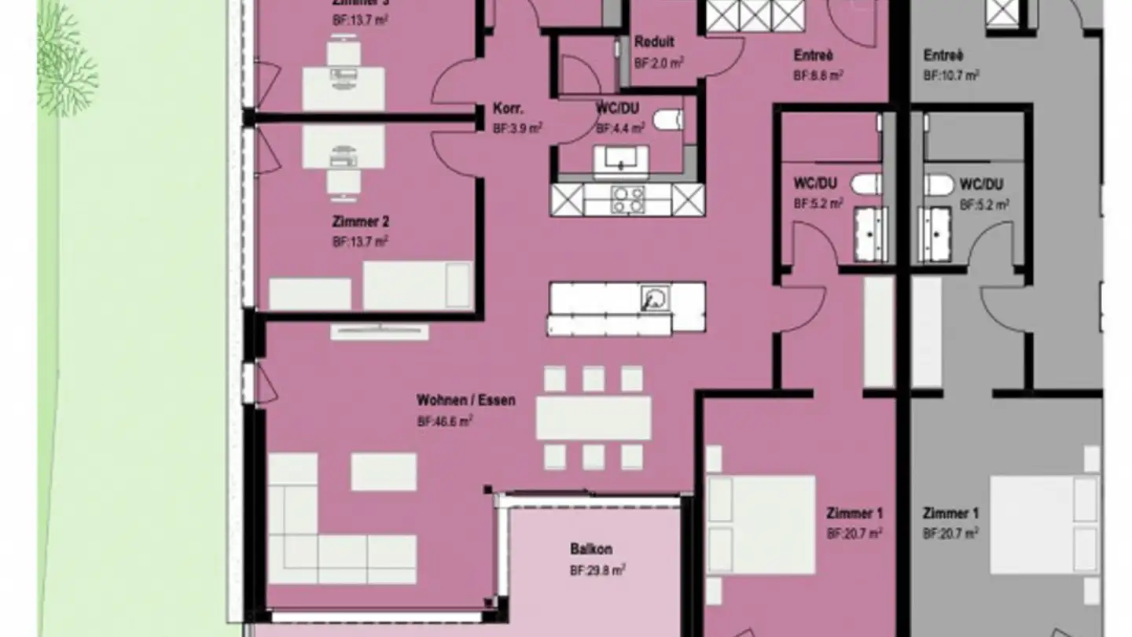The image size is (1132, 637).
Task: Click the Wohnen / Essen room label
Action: [465, 400]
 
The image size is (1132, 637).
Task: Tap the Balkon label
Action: [591, 550]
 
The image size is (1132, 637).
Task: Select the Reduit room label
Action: [654, 42]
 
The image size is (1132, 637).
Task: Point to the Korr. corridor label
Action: [509, 109]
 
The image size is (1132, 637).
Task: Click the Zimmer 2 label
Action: [359, 223]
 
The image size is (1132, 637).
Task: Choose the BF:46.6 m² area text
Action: [444, 422]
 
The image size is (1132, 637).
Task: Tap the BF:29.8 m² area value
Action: [597, 570]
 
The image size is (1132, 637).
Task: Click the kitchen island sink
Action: [654, 299]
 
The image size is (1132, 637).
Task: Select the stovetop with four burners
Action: [628, 200]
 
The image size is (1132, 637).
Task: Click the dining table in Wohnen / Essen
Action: [594, 418]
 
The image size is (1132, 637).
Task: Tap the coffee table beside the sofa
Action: [383, 472]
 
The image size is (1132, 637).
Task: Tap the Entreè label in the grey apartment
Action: [943, 56]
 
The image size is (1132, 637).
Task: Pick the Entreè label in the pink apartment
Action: [813, 56]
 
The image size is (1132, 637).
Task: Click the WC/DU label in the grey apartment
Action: [980, 185]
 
